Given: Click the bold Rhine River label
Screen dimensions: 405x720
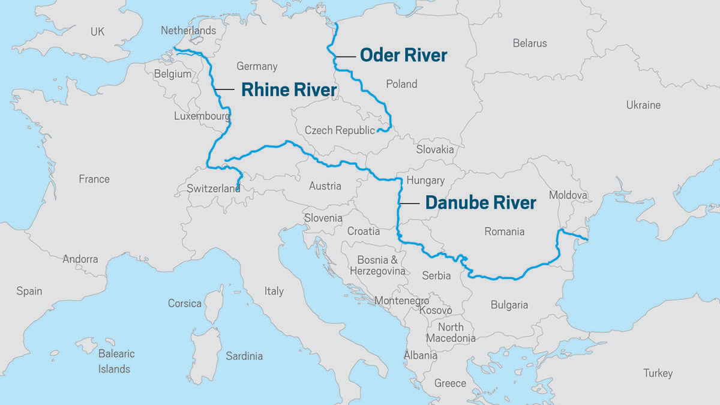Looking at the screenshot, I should (x=289, y=90).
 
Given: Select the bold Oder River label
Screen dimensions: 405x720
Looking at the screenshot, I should (x=403, y=55).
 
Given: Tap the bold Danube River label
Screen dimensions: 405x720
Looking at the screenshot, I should (x=480, y=203).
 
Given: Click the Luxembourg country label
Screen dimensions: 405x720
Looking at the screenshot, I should (x=202, y=116).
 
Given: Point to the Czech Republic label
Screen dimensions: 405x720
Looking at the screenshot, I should (x=340, y=130).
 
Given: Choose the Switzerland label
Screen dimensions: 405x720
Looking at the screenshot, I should (x=214, y=188).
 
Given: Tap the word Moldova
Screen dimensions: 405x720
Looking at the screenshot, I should (x=568, y=195).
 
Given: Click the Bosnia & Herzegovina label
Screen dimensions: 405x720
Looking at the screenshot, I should (x=377, y=265).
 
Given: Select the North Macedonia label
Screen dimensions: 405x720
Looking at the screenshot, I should (x=451, y=332).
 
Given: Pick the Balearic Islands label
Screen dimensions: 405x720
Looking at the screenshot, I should (x=116, y=361).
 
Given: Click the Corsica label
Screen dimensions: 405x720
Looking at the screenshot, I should (x=185, y=303).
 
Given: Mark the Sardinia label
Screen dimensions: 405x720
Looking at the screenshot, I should (x=244, y=356).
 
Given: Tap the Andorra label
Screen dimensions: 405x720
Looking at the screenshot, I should (x=80, y=259).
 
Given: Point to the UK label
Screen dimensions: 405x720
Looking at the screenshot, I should (x=97, y=31).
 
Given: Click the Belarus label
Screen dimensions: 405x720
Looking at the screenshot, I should (x=530, y=43).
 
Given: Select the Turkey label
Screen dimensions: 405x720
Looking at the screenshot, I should (x=658, y=373).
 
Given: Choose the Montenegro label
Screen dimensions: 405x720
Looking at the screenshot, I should (x=401, y=301).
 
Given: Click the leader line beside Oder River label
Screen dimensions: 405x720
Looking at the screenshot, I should (x=346, y=56).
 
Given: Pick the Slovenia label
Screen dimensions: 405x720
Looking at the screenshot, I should (x=323, y=218).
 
